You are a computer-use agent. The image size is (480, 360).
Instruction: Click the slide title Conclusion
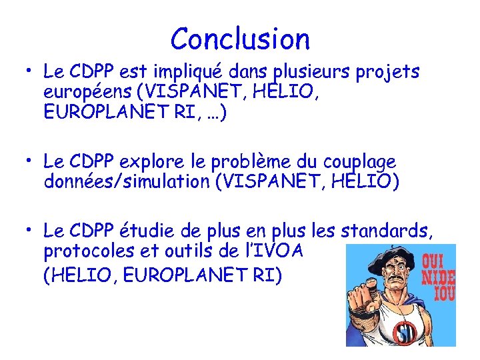point(240,39)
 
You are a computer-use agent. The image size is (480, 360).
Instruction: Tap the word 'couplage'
point(359,162)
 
